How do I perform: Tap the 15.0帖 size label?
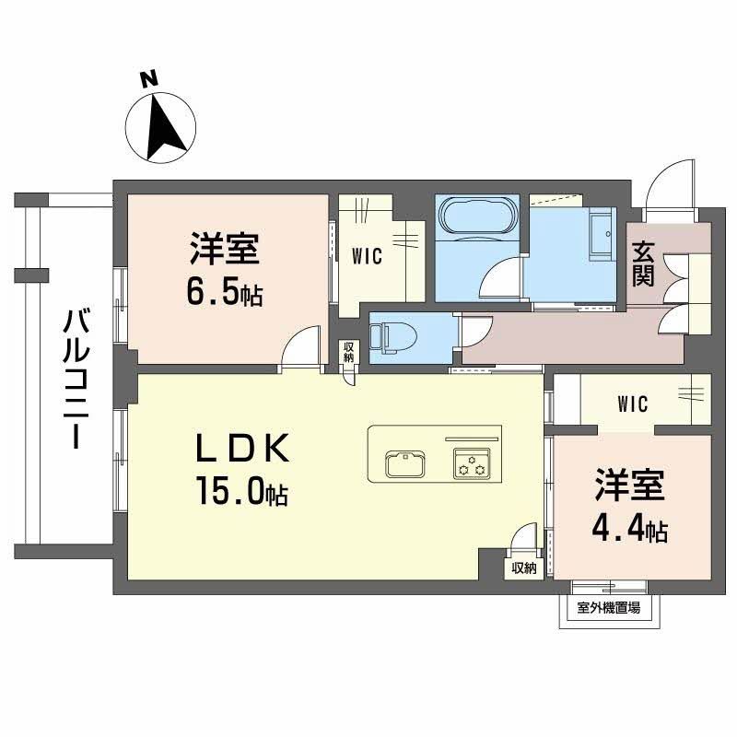(x=240, y=493)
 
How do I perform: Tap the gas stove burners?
(x=473, y=463)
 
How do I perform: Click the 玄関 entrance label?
(x=643, y=263)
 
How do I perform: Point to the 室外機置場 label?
(x=608, y=607)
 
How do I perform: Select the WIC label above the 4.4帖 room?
(x=632, y=404)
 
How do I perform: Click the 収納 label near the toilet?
(x=348, y=352)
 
